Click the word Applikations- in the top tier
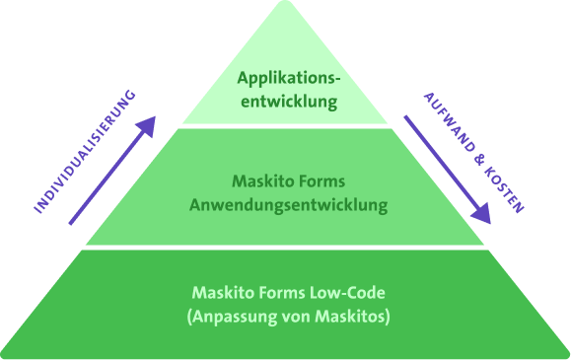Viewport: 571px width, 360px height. click(x=287, y=77)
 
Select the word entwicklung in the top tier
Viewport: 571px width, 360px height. click(x=287, y=101)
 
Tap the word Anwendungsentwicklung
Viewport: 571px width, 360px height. click(x=287, y=206)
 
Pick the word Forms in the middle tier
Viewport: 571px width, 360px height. click(x=319, y=181)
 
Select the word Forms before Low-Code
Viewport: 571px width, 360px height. click(x=279, y=293)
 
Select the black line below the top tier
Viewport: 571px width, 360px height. click(x=286, y=126)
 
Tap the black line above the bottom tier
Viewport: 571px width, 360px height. click(x=286, y=248)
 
